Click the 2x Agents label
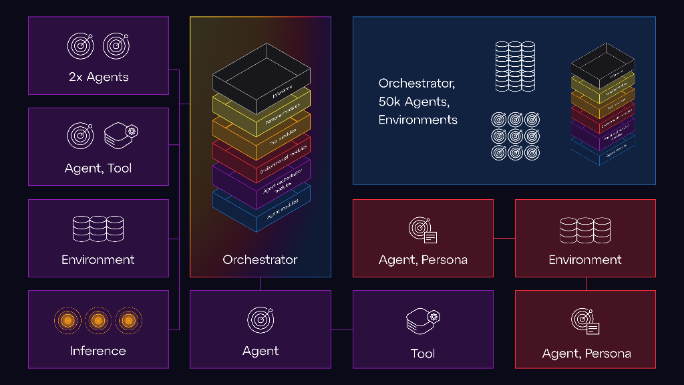[98, 77]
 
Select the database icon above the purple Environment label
[98, 229]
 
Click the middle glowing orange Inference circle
[98, 321]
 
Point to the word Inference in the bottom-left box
[98, 351]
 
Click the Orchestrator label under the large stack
[260, 259]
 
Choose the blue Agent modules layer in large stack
[261, 207]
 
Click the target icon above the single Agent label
[261, 320]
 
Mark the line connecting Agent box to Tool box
[341, 330]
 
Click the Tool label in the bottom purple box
[423, 354]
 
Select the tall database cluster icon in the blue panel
[515, 66]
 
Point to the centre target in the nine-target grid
[515, 136]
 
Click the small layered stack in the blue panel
[602, 104]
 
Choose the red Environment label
[585, 259]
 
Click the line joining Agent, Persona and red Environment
[504, 238]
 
